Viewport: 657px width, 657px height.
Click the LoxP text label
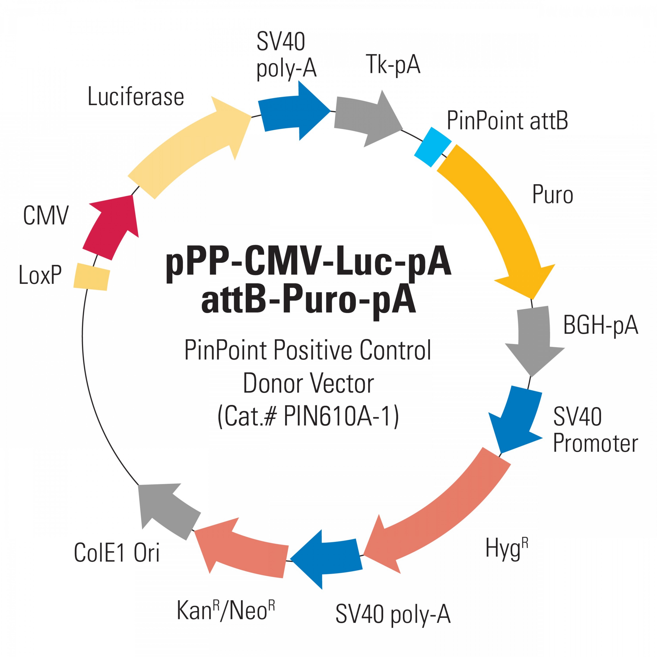pyautogui.click(x=40, y=275)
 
